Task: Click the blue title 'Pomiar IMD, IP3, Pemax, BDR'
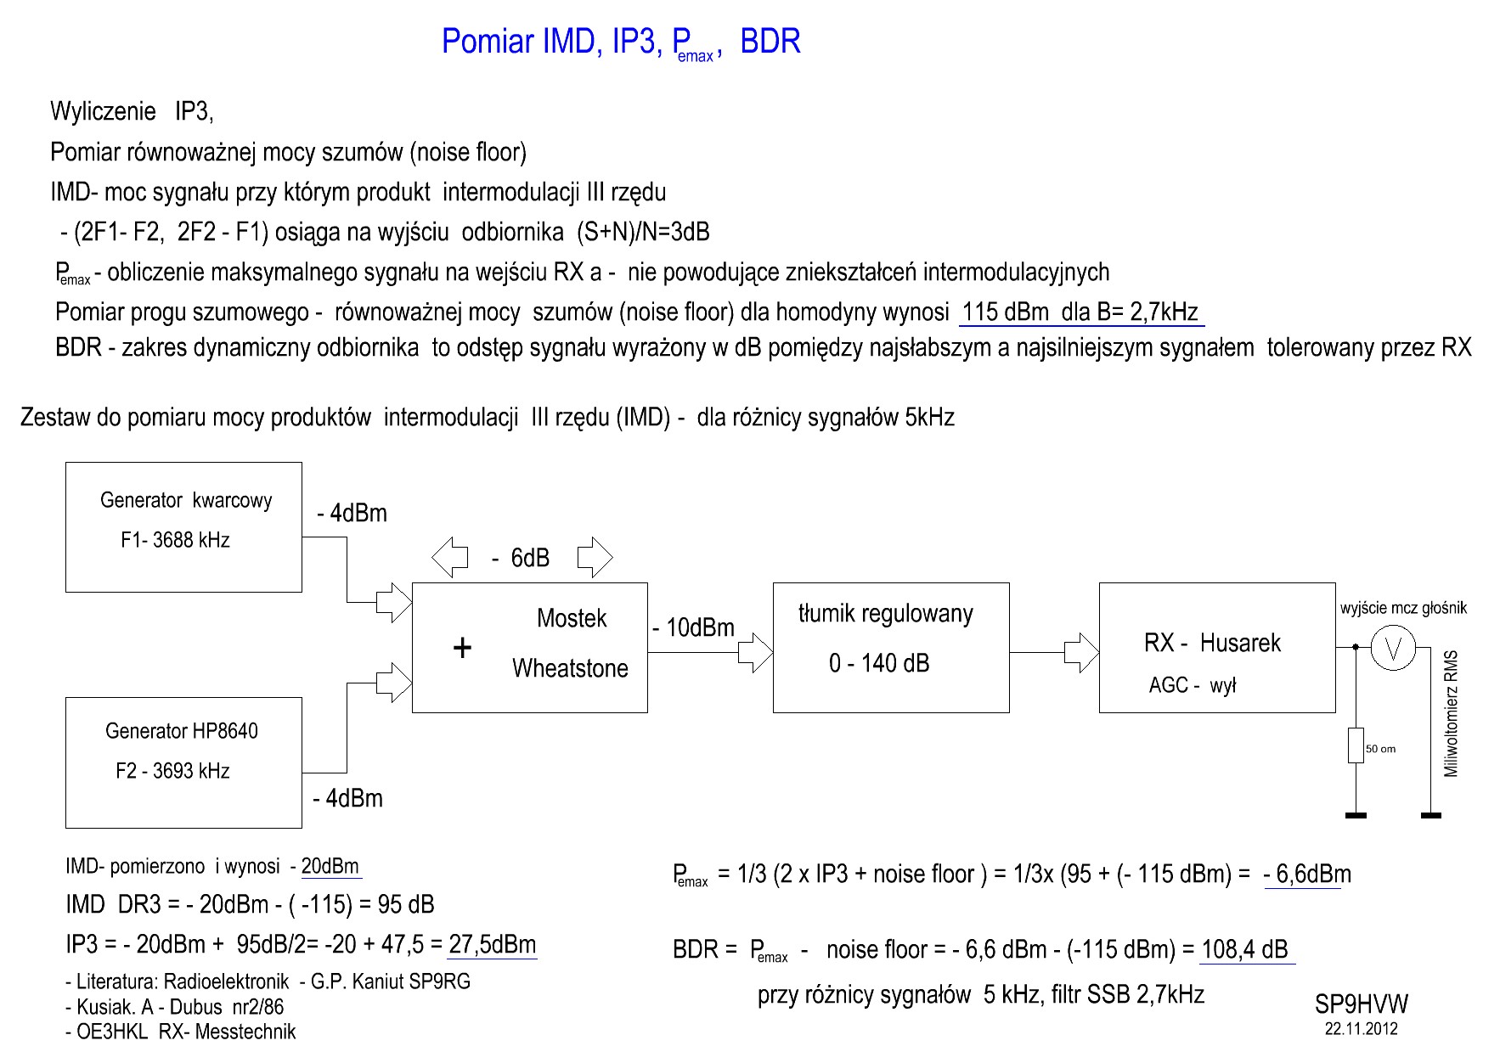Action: coord(621,42)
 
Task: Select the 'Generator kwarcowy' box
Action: coord(183,526)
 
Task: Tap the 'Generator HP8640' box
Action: coord(183,762)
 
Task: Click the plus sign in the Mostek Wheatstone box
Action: coord(462,649)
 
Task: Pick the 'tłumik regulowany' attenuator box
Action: coord(890,647)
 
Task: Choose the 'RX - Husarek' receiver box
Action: coord(1216,647)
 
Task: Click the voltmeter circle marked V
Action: coord(1393,648)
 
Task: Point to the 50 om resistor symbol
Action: coord(1356,745)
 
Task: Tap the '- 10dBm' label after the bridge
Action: coord(693,628)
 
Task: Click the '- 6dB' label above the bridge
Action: coord(522,558)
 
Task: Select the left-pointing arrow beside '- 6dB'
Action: coord(450,558)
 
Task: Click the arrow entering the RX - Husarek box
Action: coord(1081,652)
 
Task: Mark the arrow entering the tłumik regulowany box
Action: coord(755,652)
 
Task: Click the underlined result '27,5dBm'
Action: coord(493,944)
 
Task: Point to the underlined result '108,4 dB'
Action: coord(1245,949)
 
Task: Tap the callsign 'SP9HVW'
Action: coord(1361,1004)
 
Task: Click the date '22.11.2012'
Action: coord(1361,1029)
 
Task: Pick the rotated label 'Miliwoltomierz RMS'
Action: coord(1452,713)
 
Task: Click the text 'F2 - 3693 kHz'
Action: coord(173,771)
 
